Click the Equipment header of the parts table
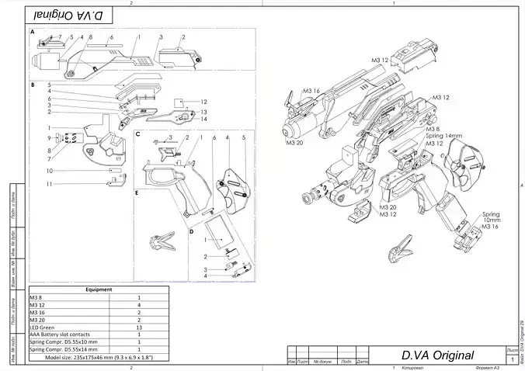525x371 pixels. pyautogui.click(x=99, y=289)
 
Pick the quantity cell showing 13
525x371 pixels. pyautogui.click(x=138, y=327)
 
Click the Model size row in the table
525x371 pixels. pyautogui.click(x=99, y=356)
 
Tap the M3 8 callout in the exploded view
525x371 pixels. pyautogui.click(x=433, y=129)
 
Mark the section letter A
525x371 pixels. pyautogui.click(x=32, y=33)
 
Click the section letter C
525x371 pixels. pyautogui.click(x=137, y=134)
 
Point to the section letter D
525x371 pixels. pyautogui.click(x=191, y=231)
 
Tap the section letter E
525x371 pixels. pyautogui.click(x=137, y=192)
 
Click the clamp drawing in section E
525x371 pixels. pyautogui.click(x=165, y=241)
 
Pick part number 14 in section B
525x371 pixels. pyautogui.click(x=203, y=119)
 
